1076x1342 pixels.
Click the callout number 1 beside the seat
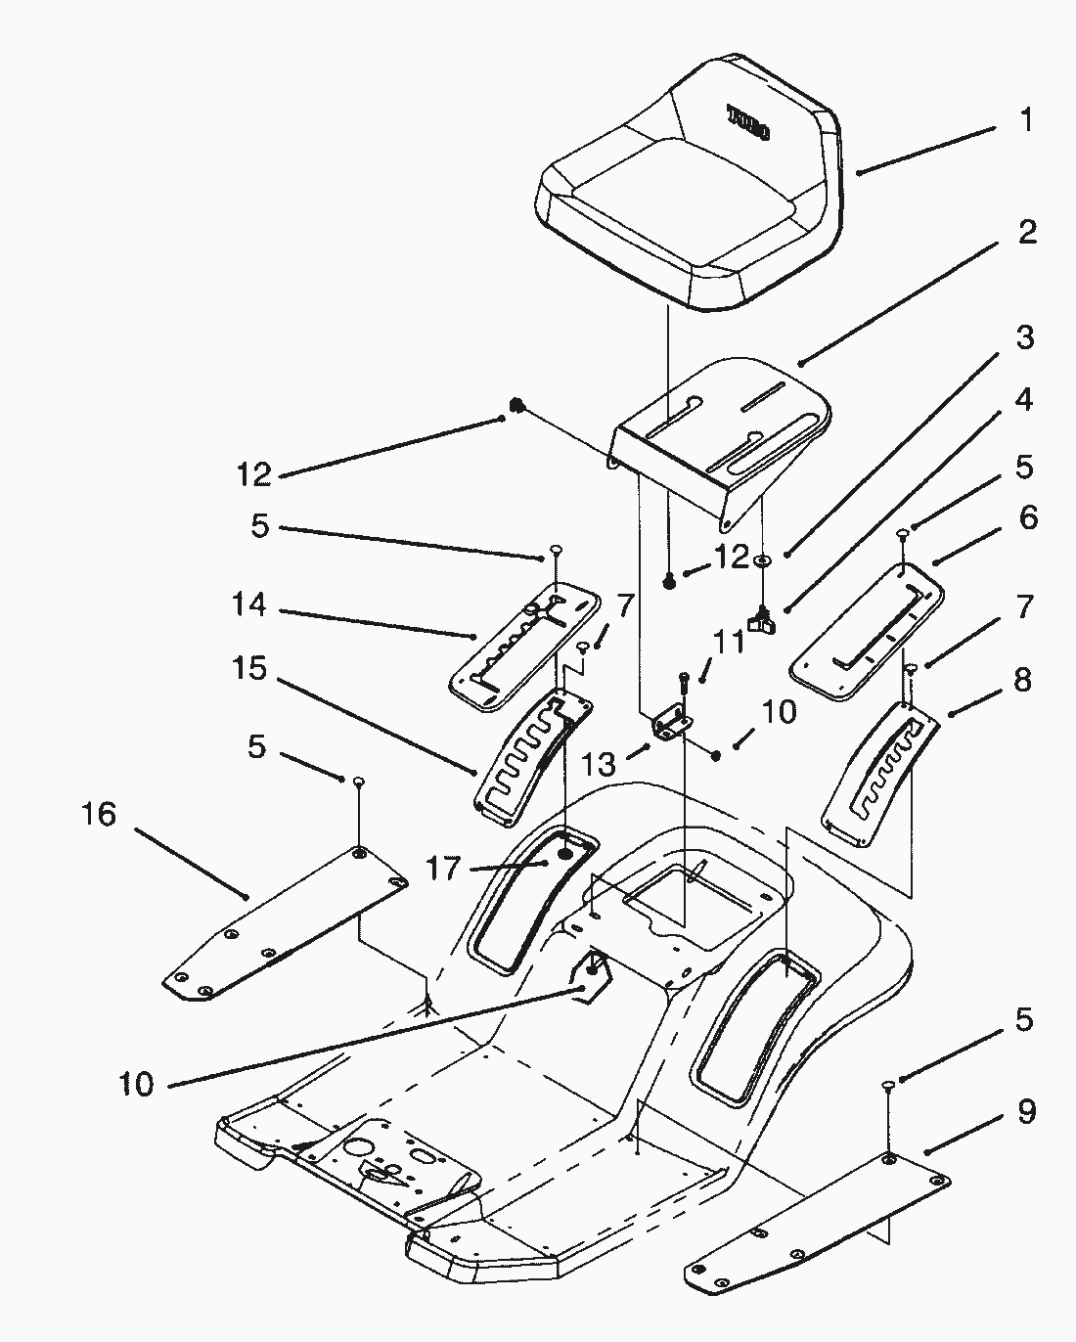1025,120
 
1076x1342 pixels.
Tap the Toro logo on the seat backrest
748,121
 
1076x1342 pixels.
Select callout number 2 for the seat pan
1025,233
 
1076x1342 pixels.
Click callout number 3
1023,338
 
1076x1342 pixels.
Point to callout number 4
1023,401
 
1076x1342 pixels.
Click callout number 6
1027,517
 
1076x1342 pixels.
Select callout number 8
1023,679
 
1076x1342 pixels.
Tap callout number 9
1025,1112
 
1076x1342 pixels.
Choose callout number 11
728,644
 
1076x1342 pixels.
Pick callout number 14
249,605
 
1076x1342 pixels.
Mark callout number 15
249,669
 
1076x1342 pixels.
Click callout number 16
99,814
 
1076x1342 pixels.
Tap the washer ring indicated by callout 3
763,561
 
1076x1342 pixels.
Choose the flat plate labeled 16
284,924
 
